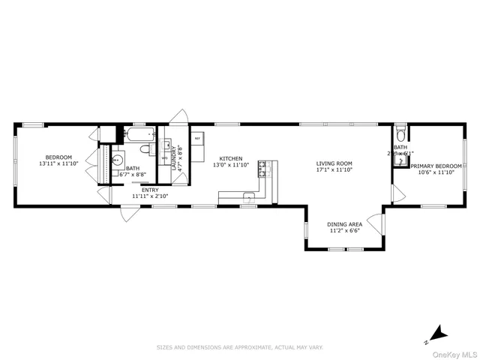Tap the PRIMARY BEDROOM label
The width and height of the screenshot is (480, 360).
(x=436, y=165)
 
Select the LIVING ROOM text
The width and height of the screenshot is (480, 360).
(x=334, y=163)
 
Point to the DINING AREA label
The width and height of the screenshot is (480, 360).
(x=345, y=224)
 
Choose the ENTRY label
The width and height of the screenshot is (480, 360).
(x=150, y=190)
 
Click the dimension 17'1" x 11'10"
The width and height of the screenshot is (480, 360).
(x=334, y=170)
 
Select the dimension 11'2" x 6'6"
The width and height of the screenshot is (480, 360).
(x=345, y=231)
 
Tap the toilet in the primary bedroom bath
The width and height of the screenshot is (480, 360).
(x=400, y=135)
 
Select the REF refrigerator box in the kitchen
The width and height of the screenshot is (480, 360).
(x=197, y=139)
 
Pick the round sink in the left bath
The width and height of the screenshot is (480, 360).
(x=116, y=160)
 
